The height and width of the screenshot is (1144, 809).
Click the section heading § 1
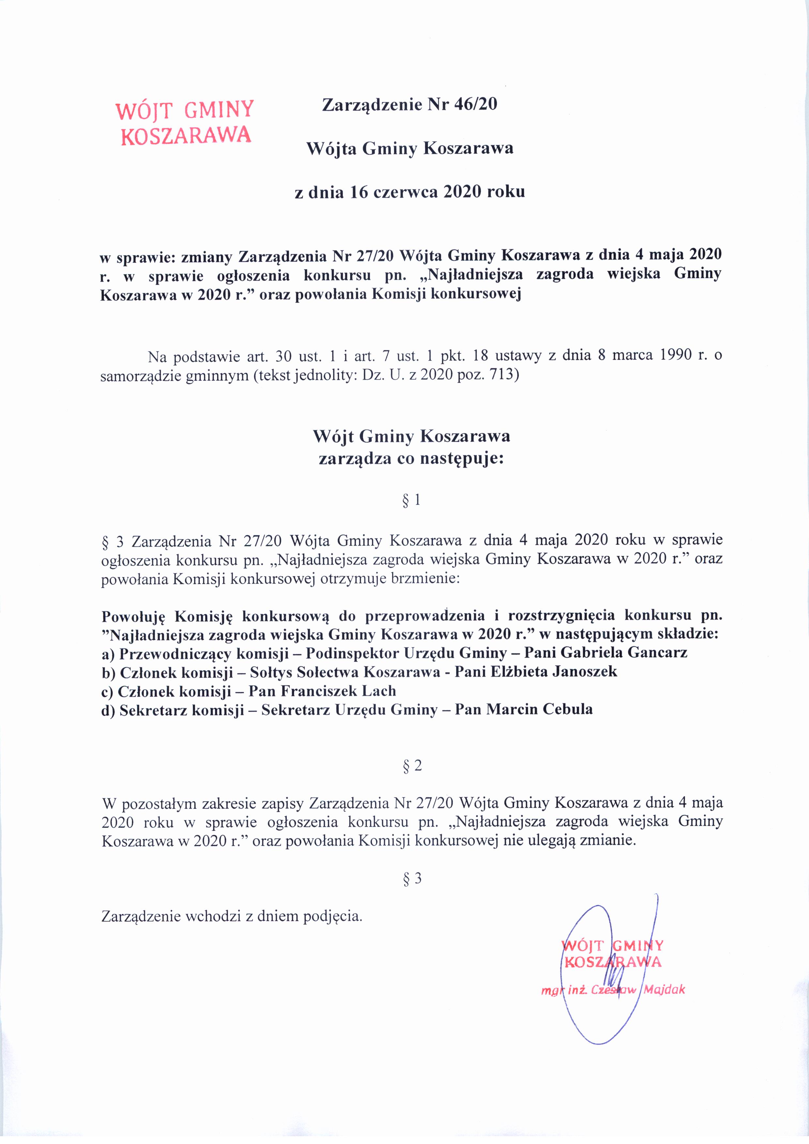pyautogui.click(x=411, y=500)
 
